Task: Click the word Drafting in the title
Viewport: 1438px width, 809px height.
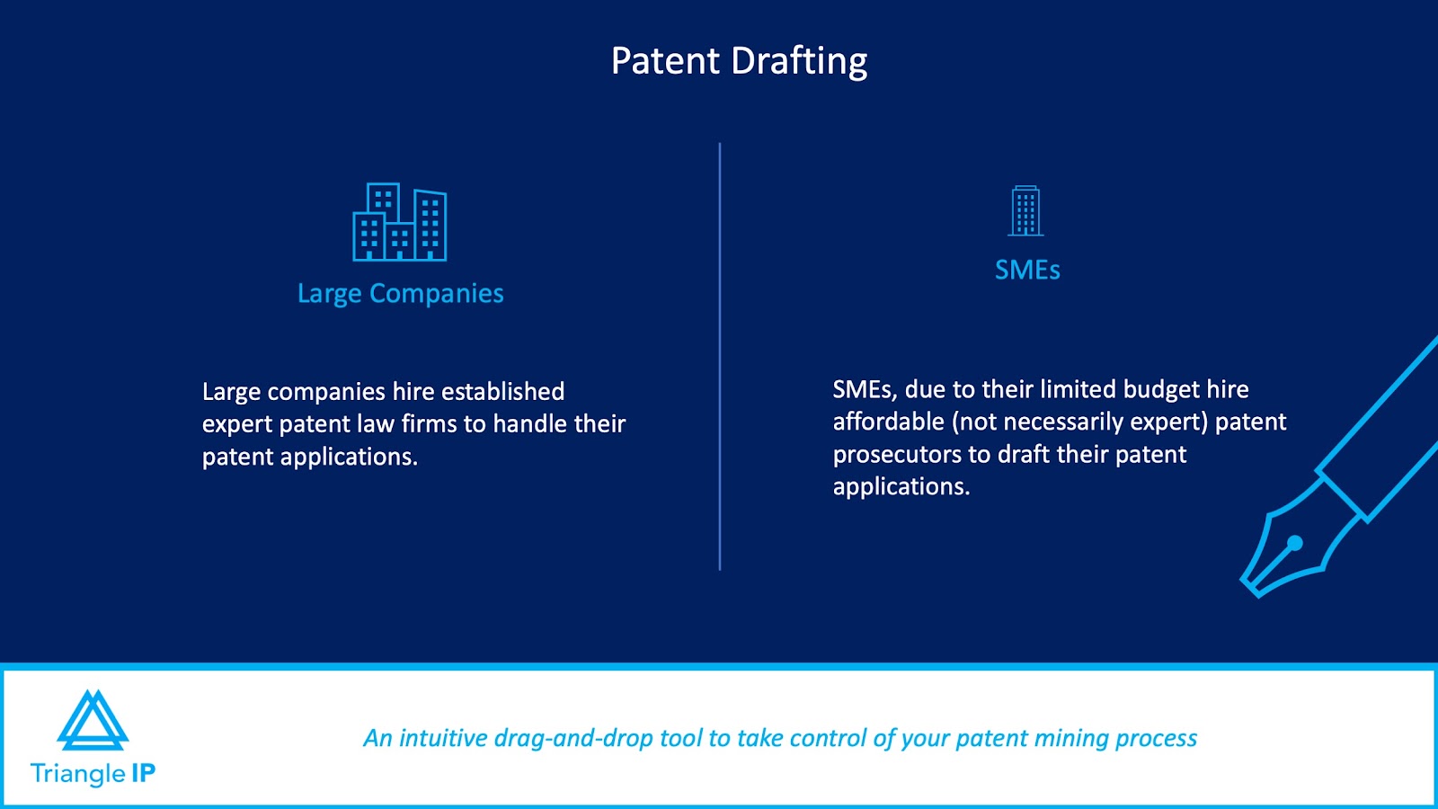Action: [x=799, y=62]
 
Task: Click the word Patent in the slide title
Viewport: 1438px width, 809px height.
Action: [x=665, y=60]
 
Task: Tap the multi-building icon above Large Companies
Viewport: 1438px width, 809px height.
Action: [x=399, y=222]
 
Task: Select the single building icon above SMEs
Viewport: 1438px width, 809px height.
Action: [x=1025, y=210]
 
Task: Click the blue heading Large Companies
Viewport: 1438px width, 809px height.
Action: [x=401, y=293]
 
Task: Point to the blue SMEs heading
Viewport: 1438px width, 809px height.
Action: [x=1027, y=270]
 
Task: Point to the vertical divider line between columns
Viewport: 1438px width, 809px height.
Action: [x=720, y=356]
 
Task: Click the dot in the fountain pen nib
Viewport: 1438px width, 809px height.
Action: [x=1295, y=543]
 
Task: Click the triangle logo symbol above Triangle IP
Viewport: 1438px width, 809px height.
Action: [x=93, y=720]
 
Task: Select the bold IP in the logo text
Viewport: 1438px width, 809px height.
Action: [x=143, y=773]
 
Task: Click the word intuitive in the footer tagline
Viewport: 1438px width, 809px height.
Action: [x=443, y=738]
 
